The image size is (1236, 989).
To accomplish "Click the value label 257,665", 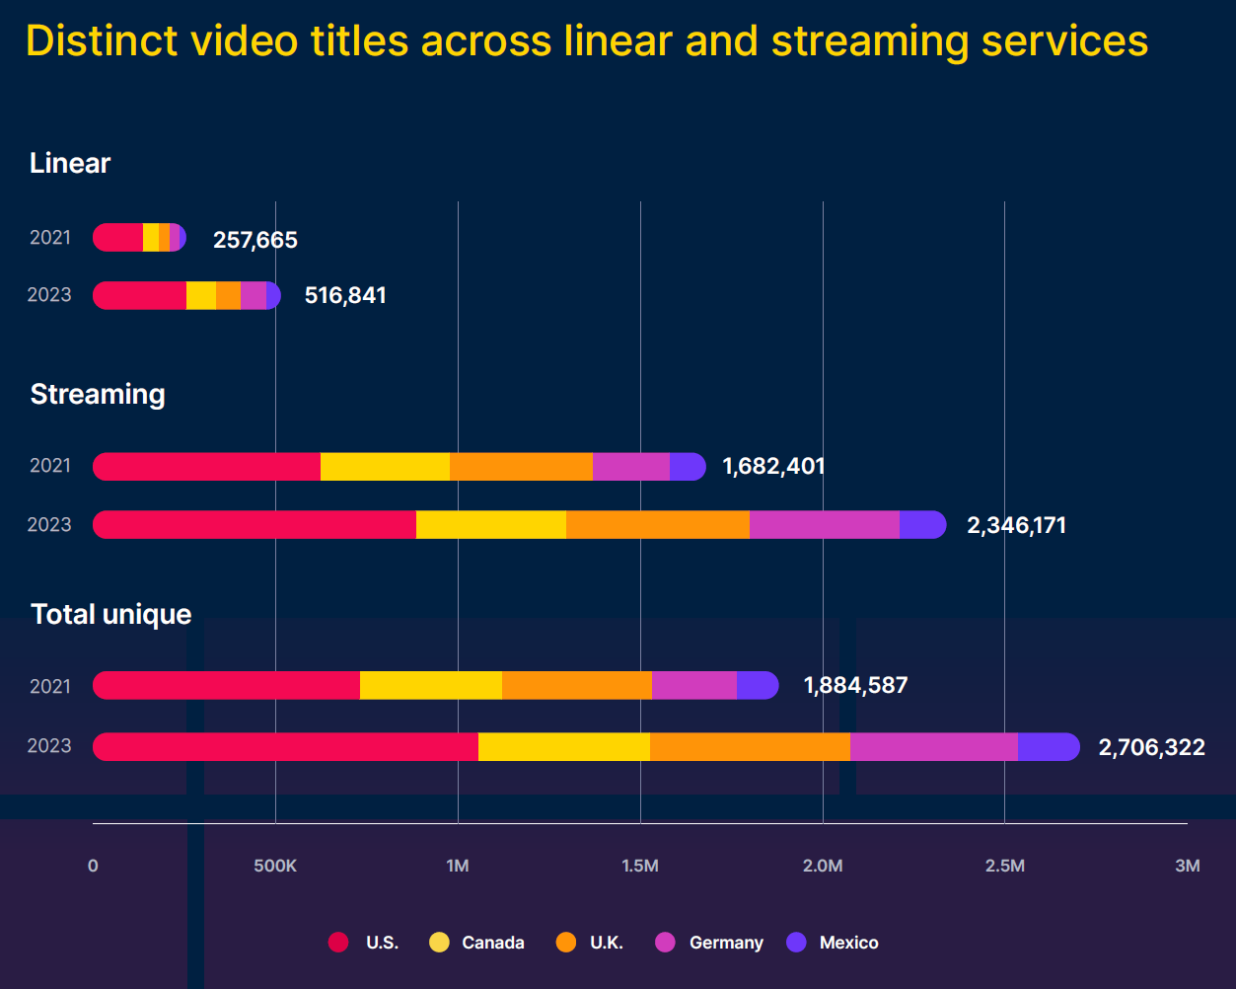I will (x=254, y=240).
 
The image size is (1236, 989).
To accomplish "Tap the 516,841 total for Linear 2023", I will (x=345, y=295).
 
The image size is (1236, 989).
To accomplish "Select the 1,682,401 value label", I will (x=773, y=466).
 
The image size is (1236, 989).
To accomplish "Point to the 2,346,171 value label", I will (x=1016, y=525).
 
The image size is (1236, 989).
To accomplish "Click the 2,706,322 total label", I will (x=1151, y=747).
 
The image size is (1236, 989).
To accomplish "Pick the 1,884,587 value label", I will (x=855, y=685).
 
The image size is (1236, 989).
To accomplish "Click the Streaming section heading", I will (x=98, y=394).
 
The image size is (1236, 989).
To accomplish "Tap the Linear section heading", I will (x=70, y=163).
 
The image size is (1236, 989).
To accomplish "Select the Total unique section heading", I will (x=111, y=614).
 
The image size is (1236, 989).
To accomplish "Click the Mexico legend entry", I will (x=834, y=943).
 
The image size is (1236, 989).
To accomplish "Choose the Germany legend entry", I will (x=710, y=943).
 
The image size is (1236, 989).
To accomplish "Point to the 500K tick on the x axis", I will (x=275, y=866).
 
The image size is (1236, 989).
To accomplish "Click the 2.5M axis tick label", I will (x=1004, y=866).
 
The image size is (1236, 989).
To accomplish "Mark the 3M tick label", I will (x=1187, y=866).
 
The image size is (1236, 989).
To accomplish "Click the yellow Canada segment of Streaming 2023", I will (x=490, y=525).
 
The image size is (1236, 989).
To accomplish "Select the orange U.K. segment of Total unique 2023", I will (x=750, y=747).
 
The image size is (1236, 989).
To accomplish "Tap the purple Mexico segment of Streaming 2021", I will (x=687, y=467).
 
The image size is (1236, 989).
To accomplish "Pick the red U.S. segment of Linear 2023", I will (x=140, y=295).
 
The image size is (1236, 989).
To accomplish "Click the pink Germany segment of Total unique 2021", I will (x=693, y=685).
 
